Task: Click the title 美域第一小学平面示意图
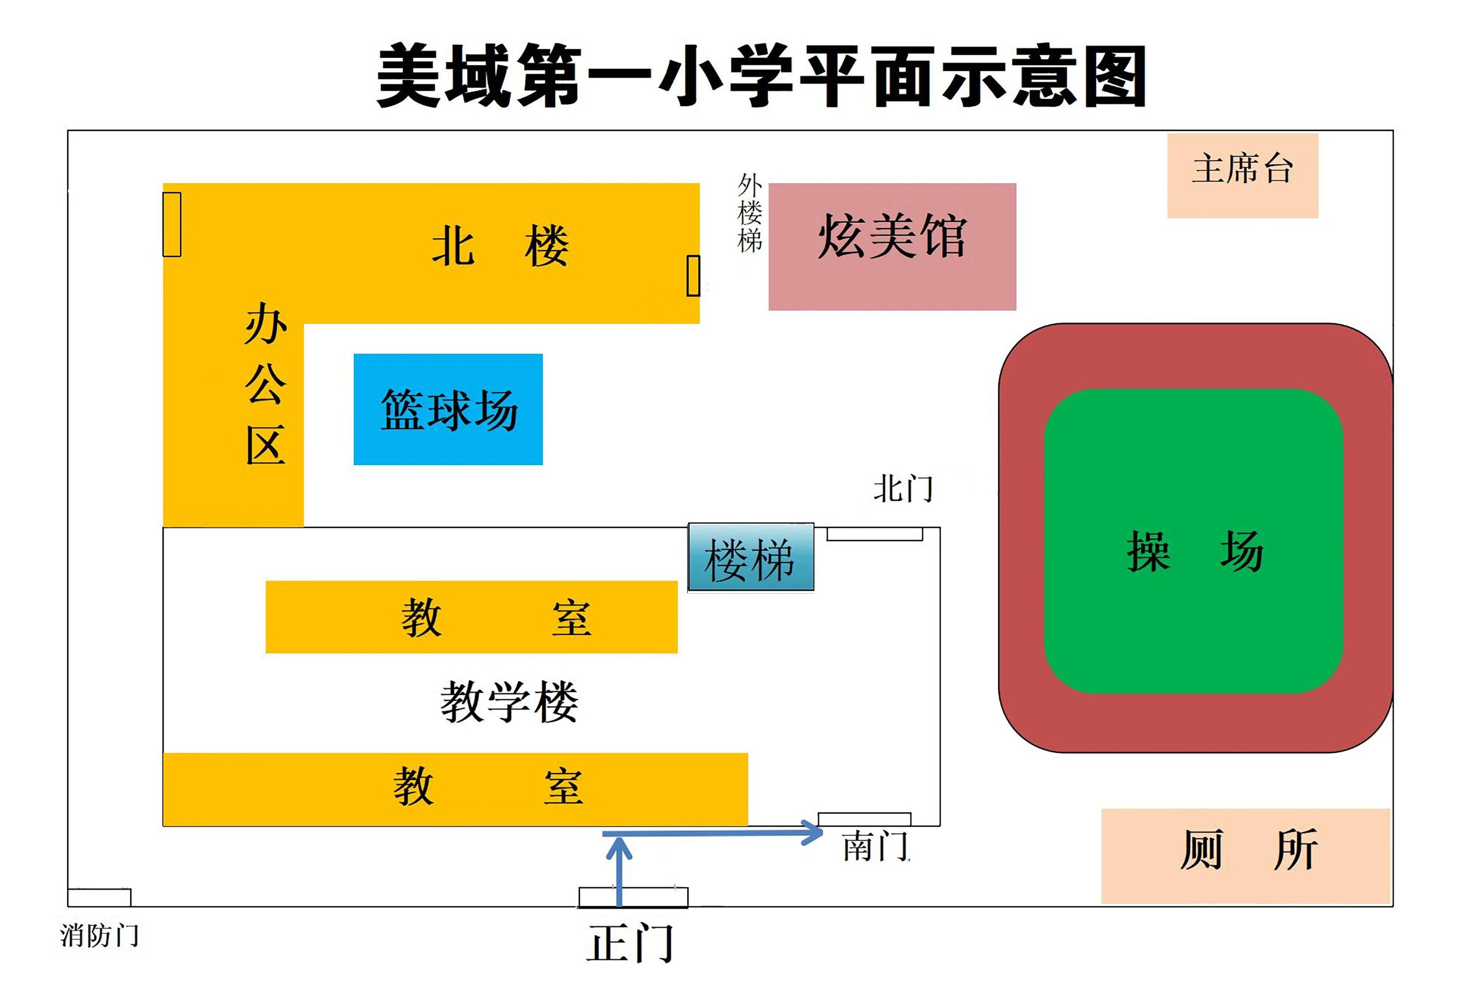[x=761, y=75]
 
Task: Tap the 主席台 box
[x=1242, y=175]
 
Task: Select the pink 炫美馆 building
[x=892, y=246]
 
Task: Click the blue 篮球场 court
[x=448, y=409]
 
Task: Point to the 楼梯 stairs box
[x=751, y=558]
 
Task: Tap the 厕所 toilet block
[x=1246, y=855]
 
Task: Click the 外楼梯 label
[x=750, y=213]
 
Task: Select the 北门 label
[x=903, y=489]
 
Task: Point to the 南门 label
[x=874, y=846]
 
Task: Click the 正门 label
[x=631, y=943]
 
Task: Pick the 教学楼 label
[x=509, y=702]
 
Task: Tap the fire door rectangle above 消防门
[x=99, y=898]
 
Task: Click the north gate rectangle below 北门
[x=874, y=534]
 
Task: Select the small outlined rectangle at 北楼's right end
[x=693, y=276]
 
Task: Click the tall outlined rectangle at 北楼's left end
[x=172, y=224]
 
